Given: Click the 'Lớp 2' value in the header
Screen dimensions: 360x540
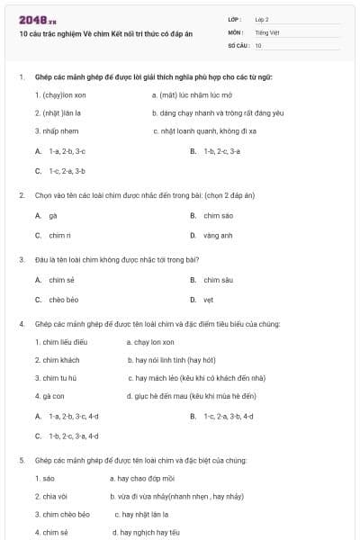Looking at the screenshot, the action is point(262,19).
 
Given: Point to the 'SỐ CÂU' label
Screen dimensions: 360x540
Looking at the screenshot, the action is point(238,45).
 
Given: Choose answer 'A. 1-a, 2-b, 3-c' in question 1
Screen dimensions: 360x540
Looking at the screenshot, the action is point(60,150).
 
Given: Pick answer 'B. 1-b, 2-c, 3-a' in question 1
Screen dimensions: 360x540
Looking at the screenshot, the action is point(215,150).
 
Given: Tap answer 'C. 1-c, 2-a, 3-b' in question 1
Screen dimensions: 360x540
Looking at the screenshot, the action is point(60,170).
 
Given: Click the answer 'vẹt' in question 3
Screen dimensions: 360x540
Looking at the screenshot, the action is point(208,300).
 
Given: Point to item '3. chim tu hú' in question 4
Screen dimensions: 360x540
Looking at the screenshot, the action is point(60,378).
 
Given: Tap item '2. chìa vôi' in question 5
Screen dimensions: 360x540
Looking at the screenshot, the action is point(51,496).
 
